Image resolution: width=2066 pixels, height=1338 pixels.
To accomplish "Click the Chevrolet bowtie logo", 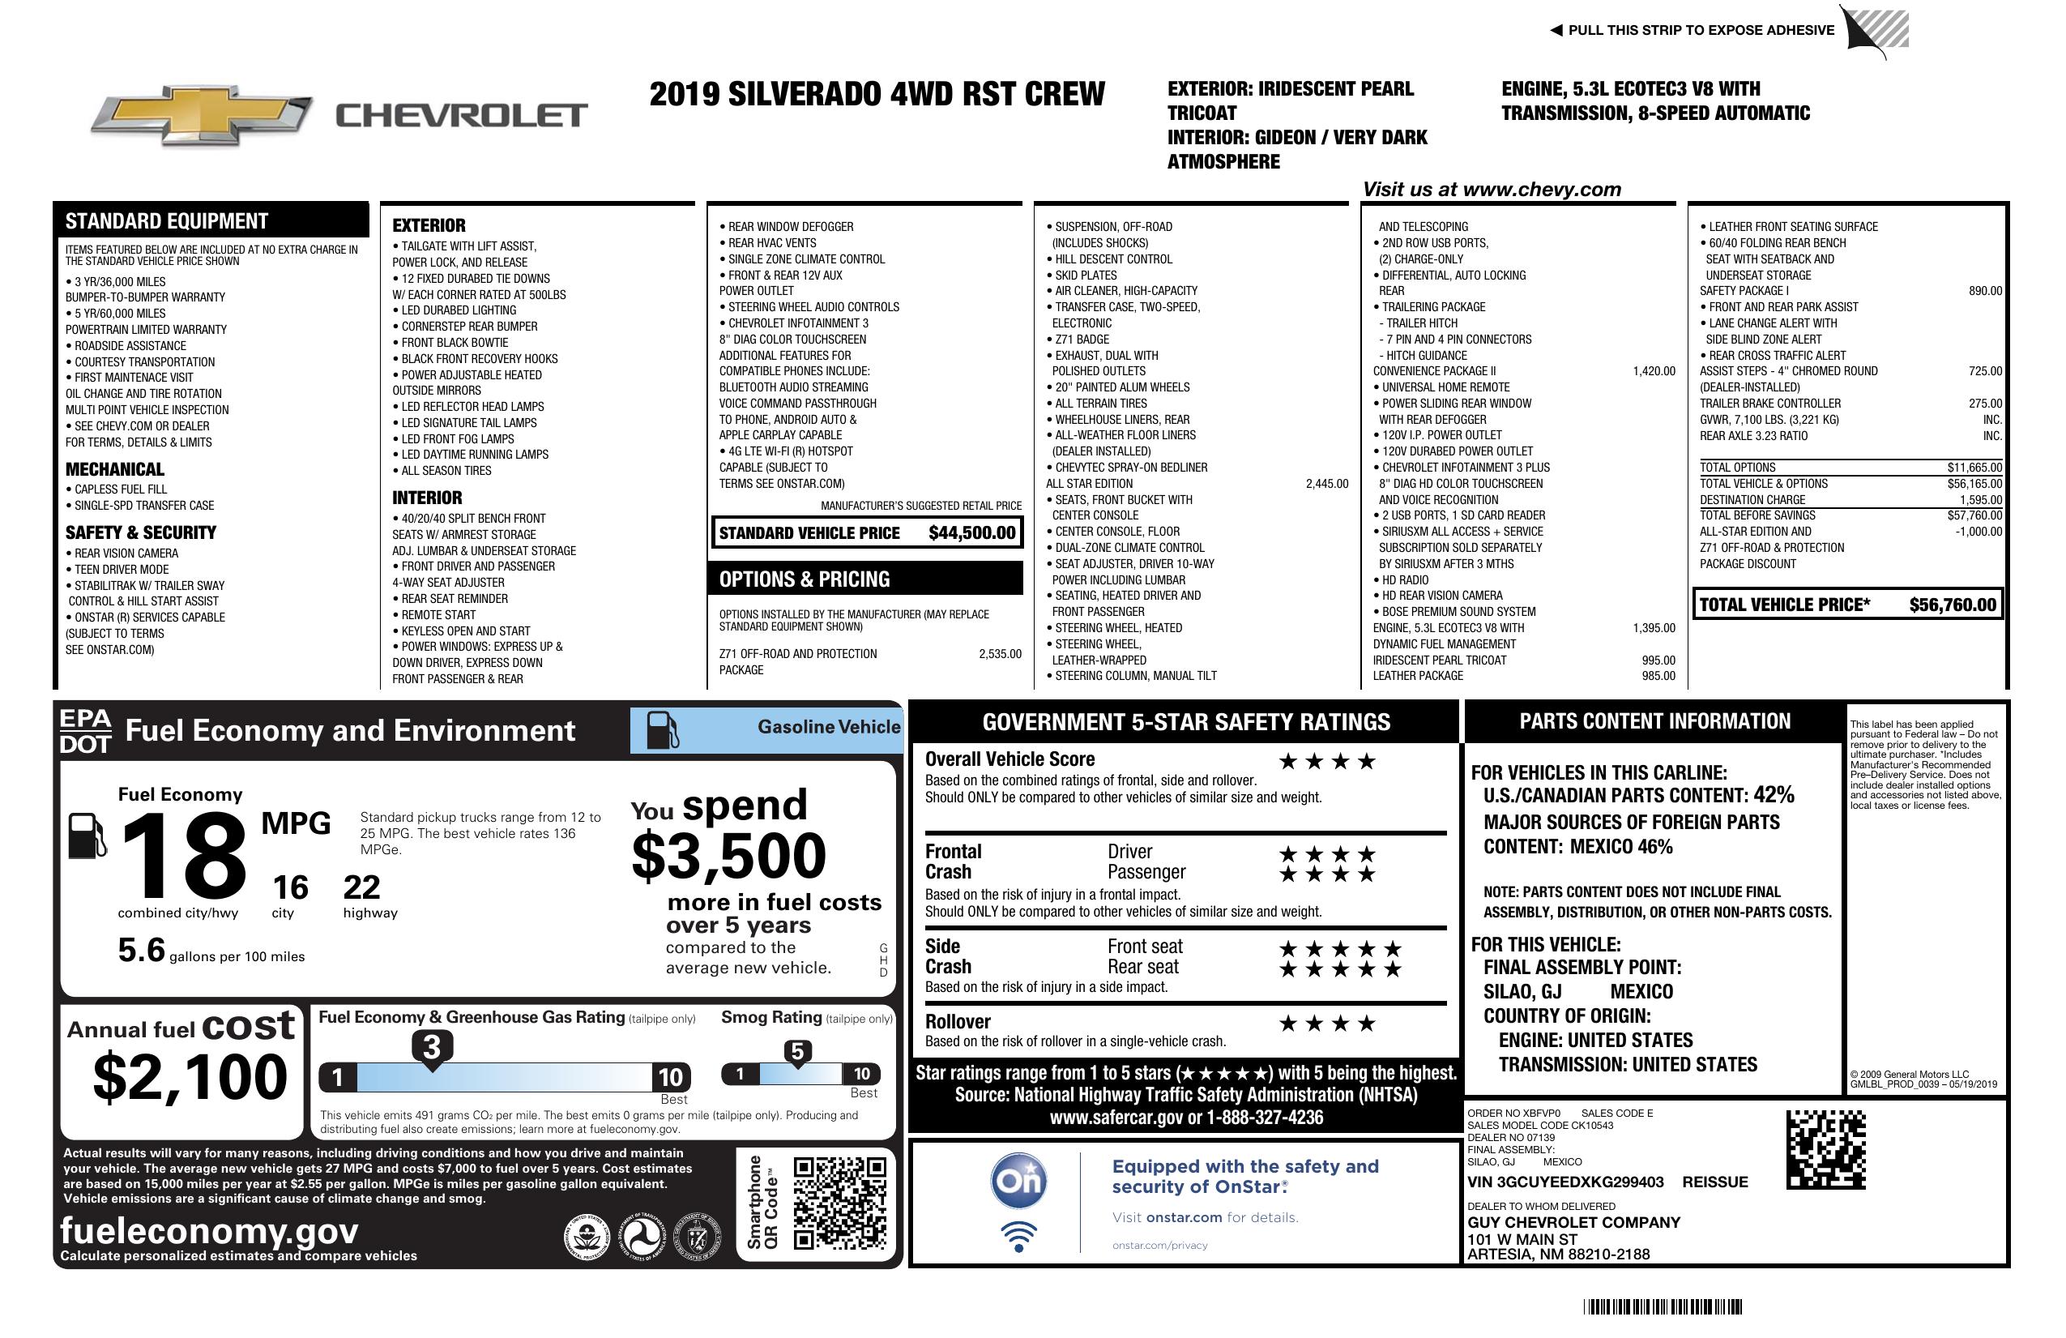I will click(202, 115).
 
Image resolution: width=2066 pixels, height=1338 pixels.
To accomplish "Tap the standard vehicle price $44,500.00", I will click(971, 533).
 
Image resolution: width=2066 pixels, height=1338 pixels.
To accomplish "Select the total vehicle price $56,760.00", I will click(1953, 605).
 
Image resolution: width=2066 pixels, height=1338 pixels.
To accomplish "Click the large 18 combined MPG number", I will click(183, 856).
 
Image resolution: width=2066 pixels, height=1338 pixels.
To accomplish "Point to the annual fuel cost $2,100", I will click(190, 1077).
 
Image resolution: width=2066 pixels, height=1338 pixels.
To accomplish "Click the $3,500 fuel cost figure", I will click(728, 856).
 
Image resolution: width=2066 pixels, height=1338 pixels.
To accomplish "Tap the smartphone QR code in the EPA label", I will click(839, 1202).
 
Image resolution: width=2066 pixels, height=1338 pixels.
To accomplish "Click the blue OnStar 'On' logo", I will click(1018, 1181).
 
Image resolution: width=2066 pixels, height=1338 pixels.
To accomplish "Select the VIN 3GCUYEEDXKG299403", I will click(1565, 1182).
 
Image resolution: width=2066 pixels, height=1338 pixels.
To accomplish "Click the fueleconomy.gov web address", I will click(209, 1231).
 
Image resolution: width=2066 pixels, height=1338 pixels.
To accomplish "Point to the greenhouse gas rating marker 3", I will click(431, 1047).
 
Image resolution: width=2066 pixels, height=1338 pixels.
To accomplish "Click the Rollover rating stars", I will click(1327, 1024).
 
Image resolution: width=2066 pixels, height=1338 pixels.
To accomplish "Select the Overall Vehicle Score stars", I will click(1327, 762).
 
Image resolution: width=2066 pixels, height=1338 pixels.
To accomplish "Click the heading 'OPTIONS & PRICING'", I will click(804, 579).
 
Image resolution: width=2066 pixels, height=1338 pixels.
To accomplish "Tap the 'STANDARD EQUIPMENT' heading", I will click(167, 221).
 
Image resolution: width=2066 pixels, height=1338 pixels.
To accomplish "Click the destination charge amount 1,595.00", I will click(1980, 500).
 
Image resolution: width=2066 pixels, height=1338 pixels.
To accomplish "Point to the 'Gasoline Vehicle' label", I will click(828, 727).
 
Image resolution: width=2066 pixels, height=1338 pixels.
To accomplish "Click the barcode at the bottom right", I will click(1663, 1306).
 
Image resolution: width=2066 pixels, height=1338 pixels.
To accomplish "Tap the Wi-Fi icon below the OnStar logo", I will click(1018, 1236).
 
